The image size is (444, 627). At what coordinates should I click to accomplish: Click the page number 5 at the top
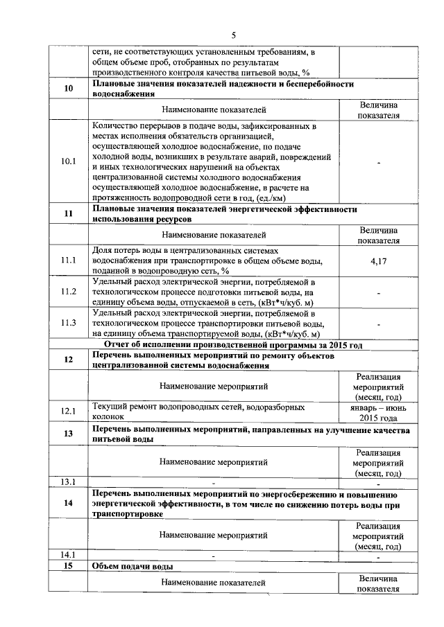(234, 35)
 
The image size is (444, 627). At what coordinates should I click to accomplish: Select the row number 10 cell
(68, 89)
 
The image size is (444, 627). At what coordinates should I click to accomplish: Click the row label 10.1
(68, 161)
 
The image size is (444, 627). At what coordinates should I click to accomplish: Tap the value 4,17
(379, 260)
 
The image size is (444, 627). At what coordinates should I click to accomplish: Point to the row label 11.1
(68, 260)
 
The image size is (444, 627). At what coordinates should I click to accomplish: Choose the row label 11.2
(68, 292)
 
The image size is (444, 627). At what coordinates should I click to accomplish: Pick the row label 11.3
(68, 324)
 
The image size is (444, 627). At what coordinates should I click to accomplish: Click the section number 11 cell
(68, 213)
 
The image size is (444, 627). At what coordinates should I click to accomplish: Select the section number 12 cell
(68, 360)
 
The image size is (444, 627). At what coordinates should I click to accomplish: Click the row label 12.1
(68, 412)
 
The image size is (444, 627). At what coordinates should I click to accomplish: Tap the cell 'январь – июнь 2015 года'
(379, 412)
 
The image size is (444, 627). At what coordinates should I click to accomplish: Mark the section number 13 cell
(68, 434)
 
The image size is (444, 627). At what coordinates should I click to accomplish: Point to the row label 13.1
(68, 482)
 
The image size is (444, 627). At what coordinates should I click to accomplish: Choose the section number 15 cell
(68, 567)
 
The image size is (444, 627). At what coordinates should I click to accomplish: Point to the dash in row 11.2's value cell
(379, 292)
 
